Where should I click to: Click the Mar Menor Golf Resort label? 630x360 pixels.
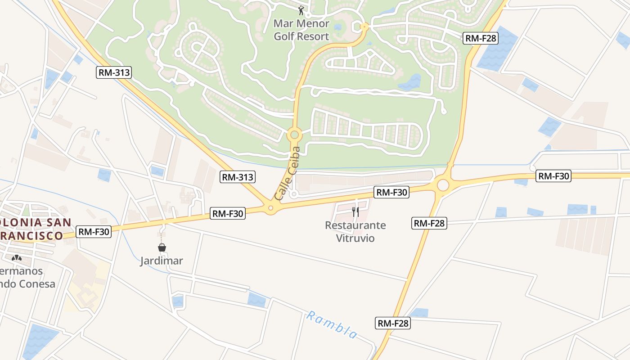[x=301, y=30]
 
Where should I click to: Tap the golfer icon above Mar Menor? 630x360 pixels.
[x=301, y=10]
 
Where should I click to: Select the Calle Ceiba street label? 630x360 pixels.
[x=287, y=173]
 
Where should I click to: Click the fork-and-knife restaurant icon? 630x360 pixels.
[x=355, y=212]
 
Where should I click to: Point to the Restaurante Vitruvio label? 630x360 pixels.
[x=355, y=231]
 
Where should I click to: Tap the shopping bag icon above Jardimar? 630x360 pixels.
[x=162, y=247]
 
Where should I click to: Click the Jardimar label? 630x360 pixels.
[x=162, y=261]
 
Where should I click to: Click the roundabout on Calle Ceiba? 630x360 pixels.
[x=294, y=134]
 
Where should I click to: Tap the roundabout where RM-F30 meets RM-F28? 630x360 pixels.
[x=443, y=185]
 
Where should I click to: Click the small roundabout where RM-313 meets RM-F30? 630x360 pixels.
[x=270, y=208]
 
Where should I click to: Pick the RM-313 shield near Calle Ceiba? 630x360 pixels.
[x=238, y=177]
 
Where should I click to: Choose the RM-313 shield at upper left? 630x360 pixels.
[x=114, y=72]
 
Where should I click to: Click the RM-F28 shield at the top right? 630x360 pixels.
[x=481, y=38]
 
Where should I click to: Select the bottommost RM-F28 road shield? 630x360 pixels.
[x=393, y=323]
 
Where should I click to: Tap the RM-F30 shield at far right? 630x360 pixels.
[x=553, y=176]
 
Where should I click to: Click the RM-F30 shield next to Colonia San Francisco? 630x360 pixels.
[x=94, y=232]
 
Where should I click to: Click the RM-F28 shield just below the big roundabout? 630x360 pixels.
[x=429, y=223]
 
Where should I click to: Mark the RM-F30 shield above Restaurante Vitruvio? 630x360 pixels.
[x=391, y=193]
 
